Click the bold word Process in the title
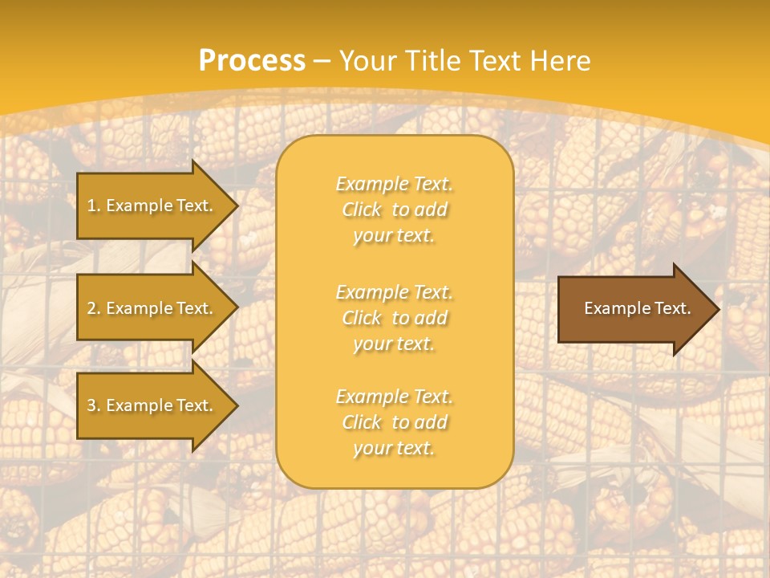(252, 61)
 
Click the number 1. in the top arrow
(94, 206)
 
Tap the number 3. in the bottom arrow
(94, 405)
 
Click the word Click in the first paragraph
(362, 210)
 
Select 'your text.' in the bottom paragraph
(394, 448)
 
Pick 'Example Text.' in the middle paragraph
(394, 292)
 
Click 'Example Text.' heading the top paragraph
(394, 184)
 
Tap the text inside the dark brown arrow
(637, 308)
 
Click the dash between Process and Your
(322, 61)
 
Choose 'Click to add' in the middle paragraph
(394, 318)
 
